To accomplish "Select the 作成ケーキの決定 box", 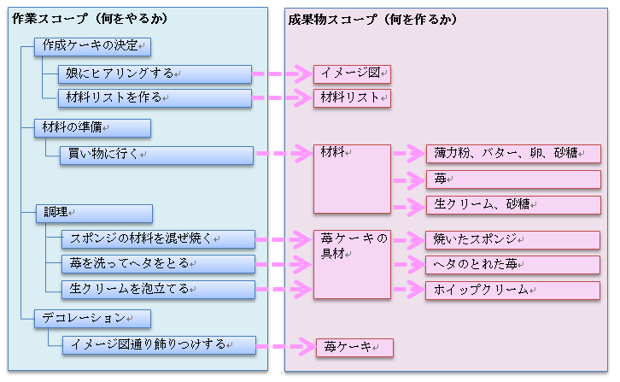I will [x=93, y=46].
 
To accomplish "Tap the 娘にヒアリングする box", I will [x=155, y=73].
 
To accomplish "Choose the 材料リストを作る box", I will [x=155, y=97].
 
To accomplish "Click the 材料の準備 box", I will [x=93, y=128].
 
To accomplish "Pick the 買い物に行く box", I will [x=156, y=155].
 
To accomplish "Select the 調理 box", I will [x=93, y=213].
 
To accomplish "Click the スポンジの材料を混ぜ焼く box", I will [x=158, y=238].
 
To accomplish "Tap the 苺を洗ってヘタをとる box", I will [x=158, y=263].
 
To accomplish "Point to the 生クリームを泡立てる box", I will [x=158, y=289].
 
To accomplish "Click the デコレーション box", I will [x=93, y=318].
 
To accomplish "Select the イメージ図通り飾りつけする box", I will [x=158, y=344].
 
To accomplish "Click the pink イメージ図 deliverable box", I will [x=352, y=73].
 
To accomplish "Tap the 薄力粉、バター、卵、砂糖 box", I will [x=513, y=154].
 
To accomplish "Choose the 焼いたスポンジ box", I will [x=513, y=239].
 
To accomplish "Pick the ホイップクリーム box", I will [x=513, y=291].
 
